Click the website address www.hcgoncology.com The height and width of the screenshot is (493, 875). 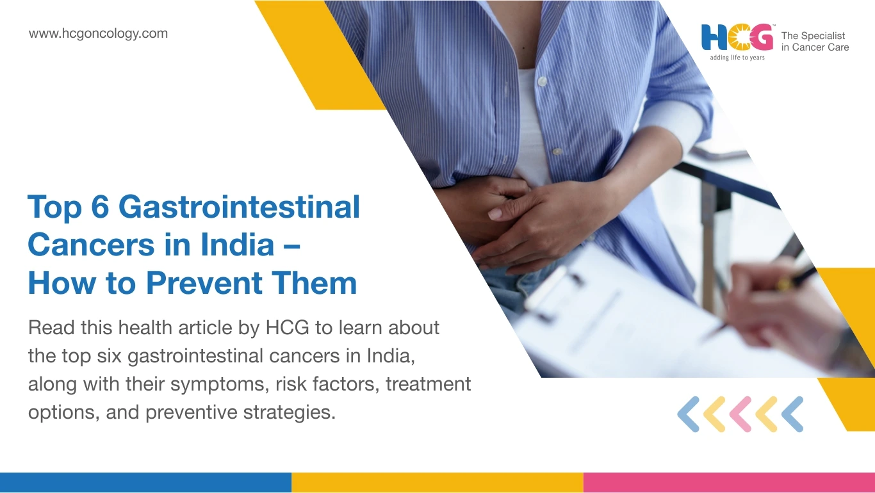point(98,34)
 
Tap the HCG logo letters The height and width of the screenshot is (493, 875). point(737,38)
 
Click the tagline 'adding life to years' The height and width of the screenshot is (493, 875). point(737,58)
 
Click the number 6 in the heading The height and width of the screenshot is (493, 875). point(100,207)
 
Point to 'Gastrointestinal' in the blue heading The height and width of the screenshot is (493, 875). point(239,207)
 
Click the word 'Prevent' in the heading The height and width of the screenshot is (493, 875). point(204,282)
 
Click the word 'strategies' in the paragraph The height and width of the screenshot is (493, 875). point(289,412)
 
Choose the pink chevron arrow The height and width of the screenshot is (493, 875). point(740,414)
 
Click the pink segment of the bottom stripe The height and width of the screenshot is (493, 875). point(729,483)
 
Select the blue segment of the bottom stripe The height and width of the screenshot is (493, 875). point(145,483)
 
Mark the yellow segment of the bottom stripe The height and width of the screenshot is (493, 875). point(437,483)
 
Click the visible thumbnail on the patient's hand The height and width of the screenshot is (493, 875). point(495,213)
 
